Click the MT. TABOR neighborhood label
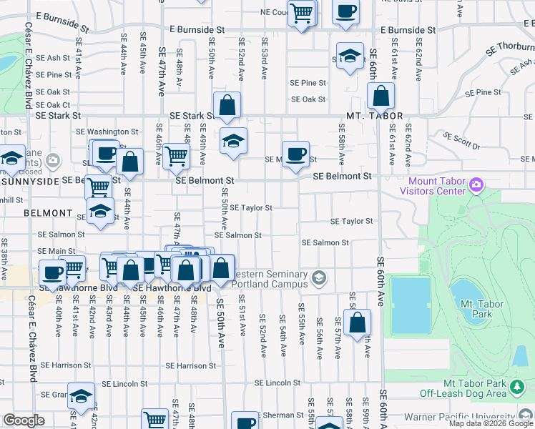pos(375,116)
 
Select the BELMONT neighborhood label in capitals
pos(47,213)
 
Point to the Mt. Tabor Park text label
pos(483,309)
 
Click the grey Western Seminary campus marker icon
pos(318,277)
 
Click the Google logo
pos(24,420)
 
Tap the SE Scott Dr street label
pos(462,140)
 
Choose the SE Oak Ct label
pos(53,104)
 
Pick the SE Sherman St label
pos(278,415)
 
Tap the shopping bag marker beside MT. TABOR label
pos(381,95)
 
